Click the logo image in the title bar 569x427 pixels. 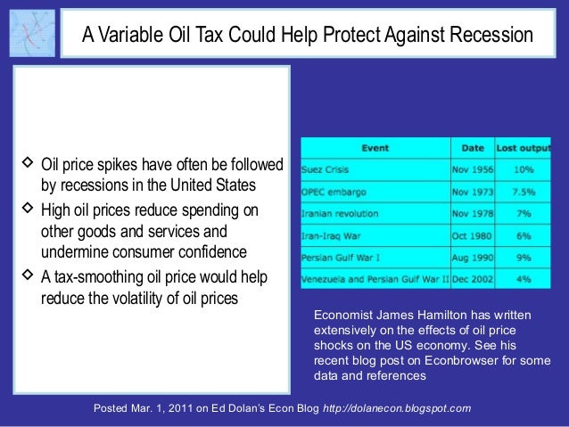pyautogui.click(x=31, y=33)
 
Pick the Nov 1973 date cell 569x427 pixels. pyautogui.click(x=471, y=192)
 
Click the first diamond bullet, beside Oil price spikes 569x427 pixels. pyautogui.click(x=26, y=165)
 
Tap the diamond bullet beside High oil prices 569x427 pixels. pyautogui.click(x=26, y=209)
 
